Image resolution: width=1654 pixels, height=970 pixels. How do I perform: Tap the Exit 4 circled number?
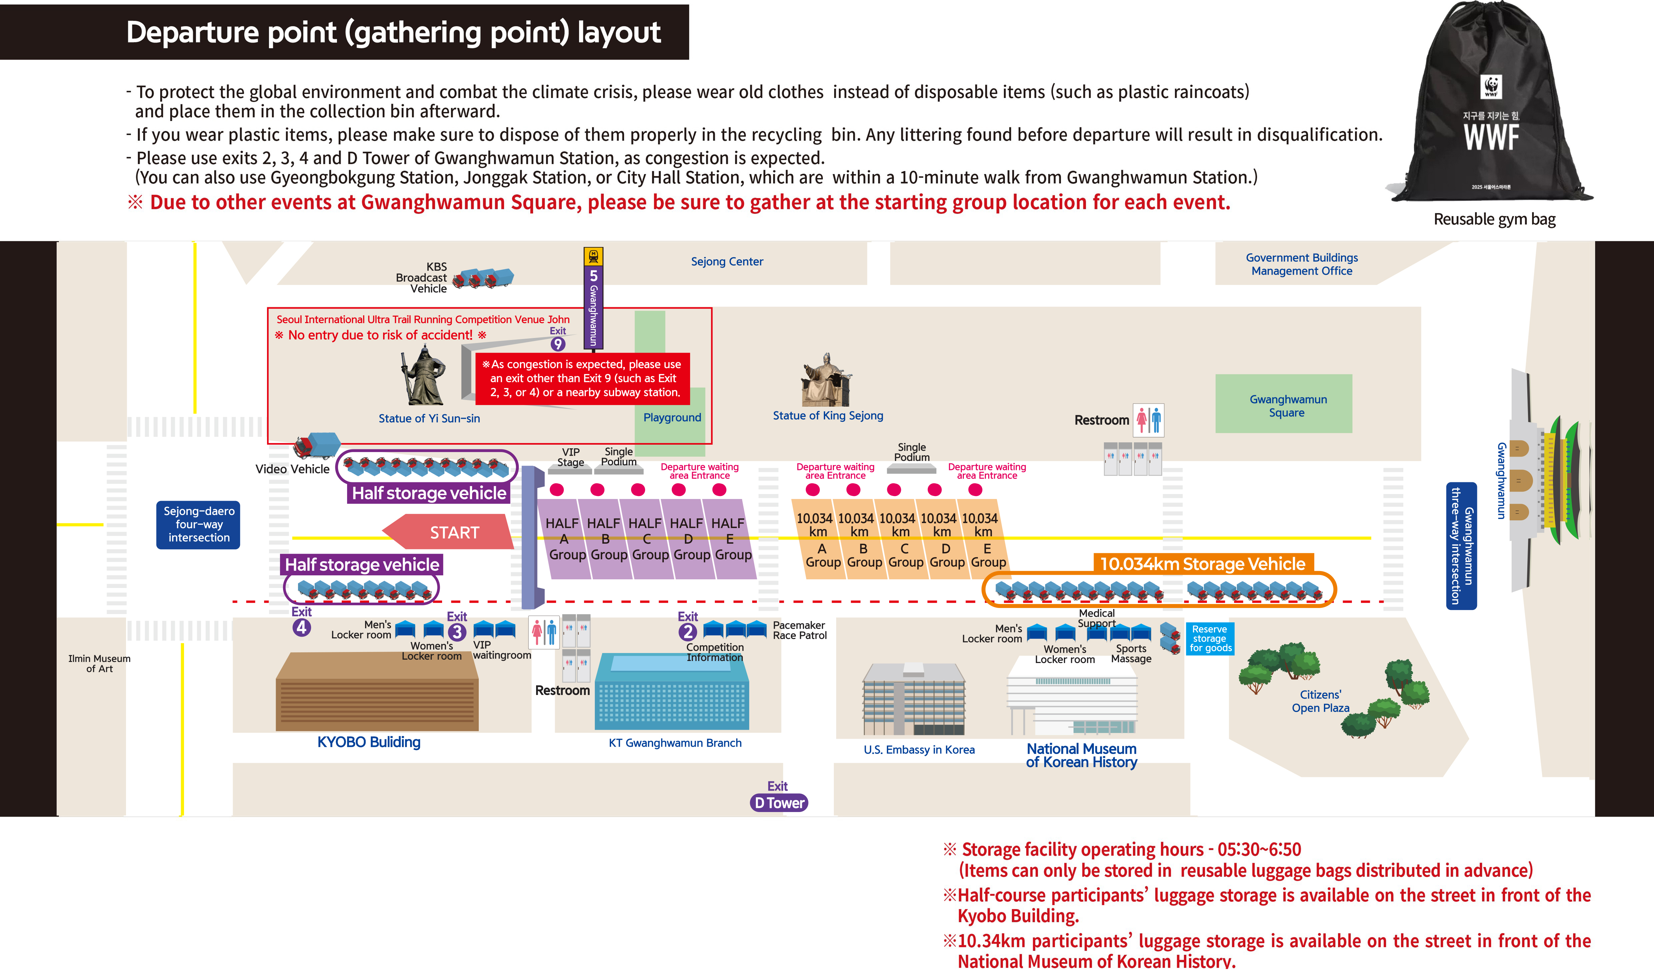coord(301,627)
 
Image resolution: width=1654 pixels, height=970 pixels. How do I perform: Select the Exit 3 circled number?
coord(457,632)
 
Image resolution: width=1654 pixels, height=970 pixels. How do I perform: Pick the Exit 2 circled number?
coord(687,632)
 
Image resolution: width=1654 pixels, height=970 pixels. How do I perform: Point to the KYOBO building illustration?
coord(377,692)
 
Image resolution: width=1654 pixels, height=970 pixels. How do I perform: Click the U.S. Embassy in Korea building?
coord(914,699)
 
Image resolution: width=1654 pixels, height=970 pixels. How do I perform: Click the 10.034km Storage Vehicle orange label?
coord(1203,564)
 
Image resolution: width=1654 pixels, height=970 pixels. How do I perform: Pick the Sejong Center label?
coord(726,261)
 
